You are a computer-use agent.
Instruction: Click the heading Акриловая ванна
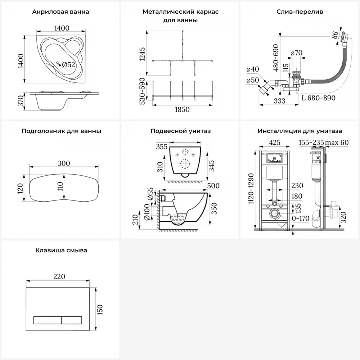(60, 12)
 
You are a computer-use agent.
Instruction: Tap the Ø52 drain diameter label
(68, 64)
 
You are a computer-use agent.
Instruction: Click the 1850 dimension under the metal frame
(182, 109)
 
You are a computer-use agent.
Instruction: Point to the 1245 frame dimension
(142, 54)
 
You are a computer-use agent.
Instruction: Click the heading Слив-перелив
(300, 12)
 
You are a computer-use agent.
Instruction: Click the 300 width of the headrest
(63, 163)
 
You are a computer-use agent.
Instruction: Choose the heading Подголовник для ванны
(61, 131)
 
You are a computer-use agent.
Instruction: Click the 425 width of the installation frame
(275, 142)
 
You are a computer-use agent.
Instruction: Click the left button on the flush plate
(47, 320)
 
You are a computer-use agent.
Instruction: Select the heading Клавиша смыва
(61, 250)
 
